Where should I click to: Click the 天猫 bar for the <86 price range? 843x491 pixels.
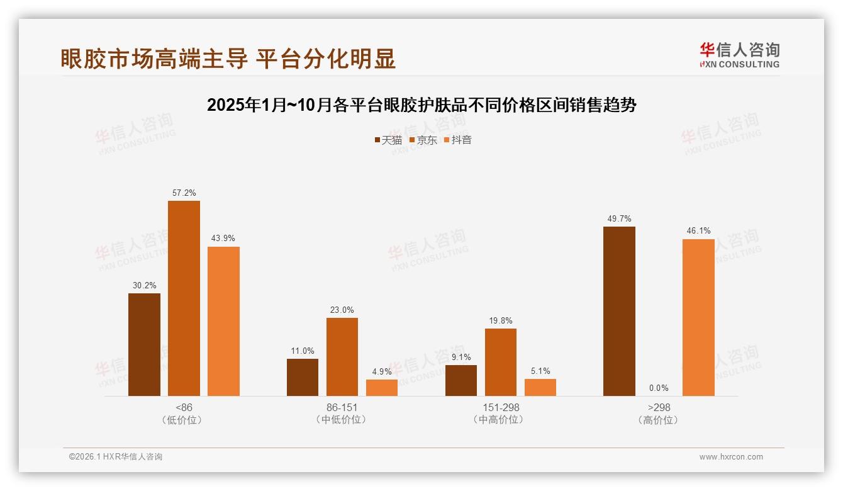click(144, 344)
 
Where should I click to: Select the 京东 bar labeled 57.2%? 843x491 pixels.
click(184, 298)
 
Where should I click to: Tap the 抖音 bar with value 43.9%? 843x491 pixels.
click(223, 321)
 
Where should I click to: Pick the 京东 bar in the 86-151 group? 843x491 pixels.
click(342, 357)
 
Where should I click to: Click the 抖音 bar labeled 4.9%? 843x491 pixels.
click(382, 388)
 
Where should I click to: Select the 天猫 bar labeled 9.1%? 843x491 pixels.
click(461, 380)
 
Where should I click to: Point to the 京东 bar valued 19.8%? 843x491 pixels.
click(501, 362)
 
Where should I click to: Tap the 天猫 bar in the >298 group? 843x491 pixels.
click(619, 311)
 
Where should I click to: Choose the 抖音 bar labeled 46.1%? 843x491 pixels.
click(698, 317)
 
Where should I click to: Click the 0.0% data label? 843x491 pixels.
click(659, 388)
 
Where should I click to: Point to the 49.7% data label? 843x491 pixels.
click(619, 219)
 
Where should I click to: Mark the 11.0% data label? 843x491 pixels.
click(303, 351)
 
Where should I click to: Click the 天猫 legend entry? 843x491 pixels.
click(388, 140)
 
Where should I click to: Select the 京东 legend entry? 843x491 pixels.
click(423, 140)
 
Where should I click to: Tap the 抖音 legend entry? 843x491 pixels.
click(458, 140)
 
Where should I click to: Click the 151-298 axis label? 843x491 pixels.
click(501, 408)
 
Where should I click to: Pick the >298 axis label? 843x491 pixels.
click(659, 408)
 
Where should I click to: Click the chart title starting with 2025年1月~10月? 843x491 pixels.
click(421, 105)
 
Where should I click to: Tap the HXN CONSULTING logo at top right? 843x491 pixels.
click(739, 55)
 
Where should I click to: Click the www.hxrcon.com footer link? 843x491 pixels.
click(731, 457)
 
